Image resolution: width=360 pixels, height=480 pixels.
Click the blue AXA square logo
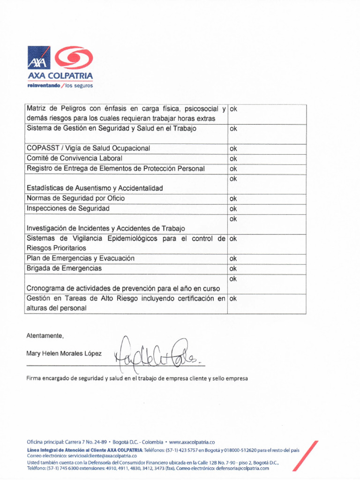[x=38, y=58]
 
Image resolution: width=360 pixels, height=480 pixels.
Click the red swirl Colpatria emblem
[x=74, y=58]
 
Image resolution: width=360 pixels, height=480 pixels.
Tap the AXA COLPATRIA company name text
[x=60, y=76]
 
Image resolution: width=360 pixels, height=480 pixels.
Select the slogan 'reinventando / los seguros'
[x=60, y=86]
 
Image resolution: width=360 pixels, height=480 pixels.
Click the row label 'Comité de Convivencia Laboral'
[x=74, y=158]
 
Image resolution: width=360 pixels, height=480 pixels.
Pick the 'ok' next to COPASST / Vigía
[x=233, y=149]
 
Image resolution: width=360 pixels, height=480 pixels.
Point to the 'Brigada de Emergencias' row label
[x=64, y=269]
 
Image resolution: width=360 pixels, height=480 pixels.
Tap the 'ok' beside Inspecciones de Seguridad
[x=233, y=209]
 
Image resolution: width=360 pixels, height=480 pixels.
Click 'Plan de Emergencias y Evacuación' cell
[x=81, y=258]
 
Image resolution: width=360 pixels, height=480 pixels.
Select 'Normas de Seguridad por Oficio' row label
[x=75, y=198]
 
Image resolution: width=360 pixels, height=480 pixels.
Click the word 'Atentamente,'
[x=45, y=336]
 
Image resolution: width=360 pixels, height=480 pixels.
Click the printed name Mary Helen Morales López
[x=64, y=353]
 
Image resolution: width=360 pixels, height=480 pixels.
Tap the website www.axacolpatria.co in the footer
[x=192, y=442]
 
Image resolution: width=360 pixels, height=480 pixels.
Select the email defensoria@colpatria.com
[x=242, y=468]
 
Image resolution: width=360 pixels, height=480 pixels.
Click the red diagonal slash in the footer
[x=306, y=456]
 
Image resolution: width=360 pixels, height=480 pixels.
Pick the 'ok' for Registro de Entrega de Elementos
[x=233, y=169]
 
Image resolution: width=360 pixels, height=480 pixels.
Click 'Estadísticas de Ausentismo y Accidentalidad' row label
[x=95, y=188]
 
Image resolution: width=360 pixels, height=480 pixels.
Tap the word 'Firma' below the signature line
[x=34, y=378]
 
